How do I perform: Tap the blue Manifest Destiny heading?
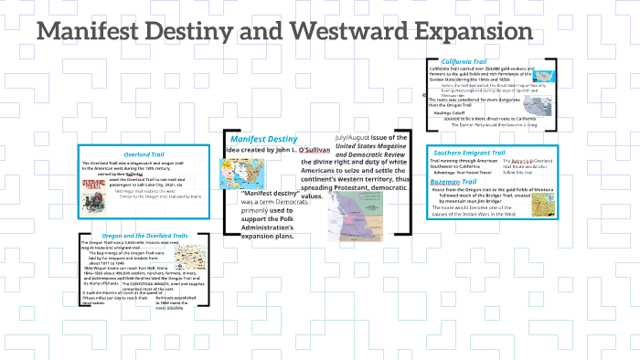click(x=263, y=138)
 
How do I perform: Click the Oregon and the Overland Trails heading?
click(x=143, y=237)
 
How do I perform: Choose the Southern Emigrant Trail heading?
click(x=469, y=152)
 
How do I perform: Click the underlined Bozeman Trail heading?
click(x=457, y=184)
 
